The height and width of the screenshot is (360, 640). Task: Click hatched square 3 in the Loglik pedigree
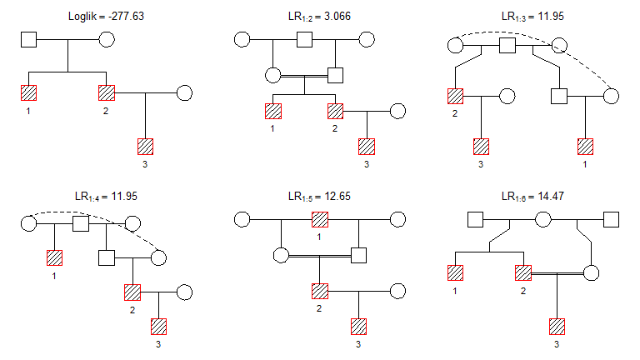click(x=146, y=146)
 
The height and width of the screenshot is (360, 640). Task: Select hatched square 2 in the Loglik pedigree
click(x=107, y=92)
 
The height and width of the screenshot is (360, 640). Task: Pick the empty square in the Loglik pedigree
click(x=28, y=39)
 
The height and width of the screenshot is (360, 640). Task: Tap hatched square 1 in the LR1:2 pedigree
click(x=272, y=110)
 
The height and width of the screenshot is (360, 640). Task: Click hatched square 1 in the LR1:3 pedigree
click(x=585, y=146)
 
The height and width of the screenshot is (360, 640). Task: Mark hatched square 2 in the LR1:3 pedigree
click(x=455, y=96)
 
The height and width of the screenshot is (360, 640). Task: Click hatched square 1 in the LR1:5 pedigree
click(x=320, y=220)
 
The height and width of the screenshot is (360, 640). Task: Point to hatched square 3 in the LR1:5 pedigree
click(x=359, y=326)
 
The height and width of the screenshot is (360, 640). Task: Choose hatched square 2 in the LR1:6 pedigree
click(x=523, y=272)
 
